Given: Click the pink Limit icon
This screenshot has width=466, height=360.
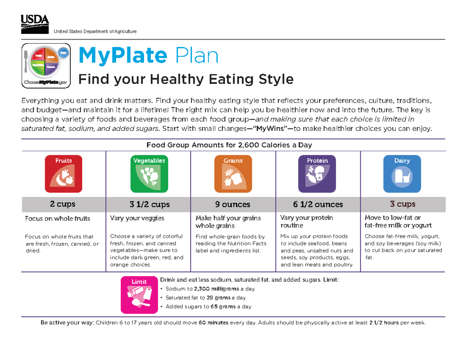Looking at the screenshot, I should (139, 295).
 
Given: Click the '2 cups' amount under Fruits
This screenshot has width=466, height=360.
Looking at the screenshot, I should (63, 204).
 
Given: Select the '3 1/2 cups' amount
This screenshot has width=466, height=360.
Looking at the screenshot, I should (150, 204).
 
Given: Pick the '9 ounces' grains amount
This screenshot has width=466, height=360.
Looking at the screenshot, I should (233, 204).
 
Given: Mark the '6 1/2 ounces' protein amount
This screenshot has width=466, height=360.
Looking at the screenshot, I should (318, 204).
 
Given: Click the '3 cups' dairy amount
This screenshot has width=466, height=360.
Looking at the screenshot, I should (403, 204).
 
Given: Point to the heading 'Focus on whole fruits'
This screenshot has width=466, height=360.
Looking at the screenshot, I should (57, 218).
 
